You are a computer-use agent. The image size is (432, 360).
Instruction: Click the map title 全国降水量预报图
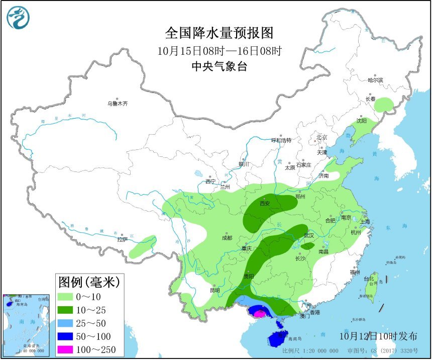(x=219, y=33)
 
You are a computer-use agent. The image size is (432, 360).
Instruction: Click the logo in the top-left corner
(x=18, y=18)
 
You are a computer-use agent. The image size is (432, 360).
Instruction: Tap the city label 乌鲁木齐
(x=117, y=104)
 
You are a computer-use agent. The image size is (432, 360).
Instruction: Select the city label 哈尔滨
(x=375, y=80)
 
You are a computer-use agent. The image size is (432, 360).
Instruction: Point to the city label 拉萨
(x=122, y=239)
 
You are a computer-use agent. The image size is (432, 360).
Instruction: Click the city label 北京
(x=321, y=137)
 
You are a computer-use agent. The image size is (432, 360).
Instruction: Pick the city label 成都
(x=227, y=238)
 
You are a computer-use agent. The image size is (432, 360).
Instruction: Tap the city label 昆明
(x=215, y=290)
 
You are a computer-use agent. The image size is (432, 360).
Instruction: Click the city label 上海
(x=365, y=221)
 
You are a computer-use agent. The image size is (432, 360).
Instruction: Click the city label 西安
(x=265, y=204)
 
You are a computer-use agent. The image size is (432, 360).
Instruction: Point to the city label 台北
(x=369, y=278)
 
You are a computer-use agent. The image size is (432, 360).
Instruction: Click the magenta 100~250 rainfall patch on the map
(x=259, y=314)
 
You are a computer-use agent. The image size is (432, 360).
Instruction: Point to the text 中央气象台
(x=219, y=66)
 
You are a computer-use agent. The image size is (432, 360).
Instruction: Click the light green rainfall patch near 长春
(x=384, y=105)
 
